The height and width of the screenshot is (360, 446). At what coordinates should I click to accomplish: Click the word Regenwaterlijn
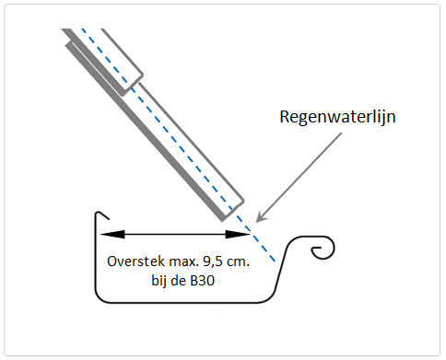pyautogui.click(x=337, y=117)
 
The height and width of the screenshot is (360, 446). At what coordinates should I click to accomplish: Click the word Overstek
pyautogui.click(x=135, y=261)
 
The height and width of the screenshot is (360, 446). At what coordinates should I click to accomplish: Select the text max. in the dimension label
pyautogui.click(x=183, y=262)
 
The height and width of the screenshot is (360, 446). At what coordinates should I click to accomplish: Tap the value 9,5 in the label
pyautogui.click(x=213, y=261)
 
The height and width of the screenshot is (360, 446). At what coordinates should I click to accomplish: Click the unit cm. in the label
pyautogui.click(x=238, y=262)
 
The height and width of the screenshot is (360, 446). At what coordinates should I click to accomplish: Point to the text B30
pyautogui.click(x=202, y=281)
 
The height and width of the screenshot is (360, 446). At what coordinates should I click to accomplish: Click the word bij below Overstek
pyautogui.click(x=158, y=282)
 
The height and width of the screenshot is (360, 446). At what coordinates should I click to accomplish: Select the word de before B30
pyautogui.click(x=179, y=281)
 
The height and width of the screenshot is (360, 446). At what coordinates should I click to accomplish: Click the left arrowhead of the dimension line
pyautogui.click(x=112, y=235)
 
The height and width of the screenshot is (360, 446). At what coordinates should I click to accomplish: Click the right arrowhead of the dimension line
pyautogui.click(x=238, y=235)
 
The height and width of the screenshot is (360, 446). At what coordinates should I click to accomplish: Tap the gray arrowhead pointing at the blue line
pyautogui.click(x=261, y=216)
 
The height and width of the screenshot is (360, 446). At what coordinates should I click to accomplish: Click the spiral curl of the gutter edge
pyautogui.click(x=323, y=248)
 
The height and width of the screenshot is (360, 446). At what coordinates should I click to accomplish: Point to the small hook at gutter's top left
pyautogui.click(x=102, y=215)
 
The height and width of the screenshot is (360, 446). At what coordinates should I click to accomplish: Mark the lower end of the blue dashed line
pyautogui.click(x=275, y=261)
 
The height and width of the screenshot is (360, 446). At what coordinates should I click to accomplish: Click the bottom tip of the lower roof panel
pyautogui.click(x=223, y=220)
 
